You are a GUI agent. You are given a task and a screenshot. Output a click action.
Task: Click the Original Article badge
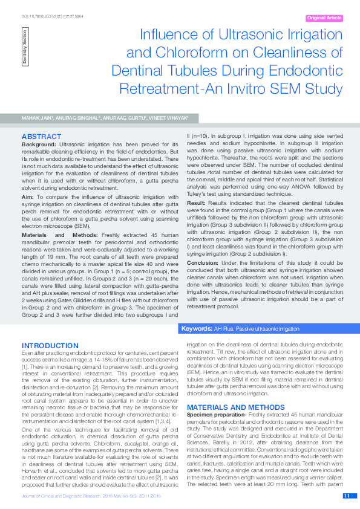point(324,18)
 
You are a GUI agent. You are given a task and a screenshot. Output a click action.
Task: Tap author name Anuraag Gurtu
point(123,117)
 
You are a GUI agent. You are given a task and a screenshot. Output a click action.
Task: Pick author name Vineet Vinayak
point(169,117)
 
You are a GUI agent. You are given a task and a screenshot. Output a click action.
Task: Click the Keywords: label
point(197,328)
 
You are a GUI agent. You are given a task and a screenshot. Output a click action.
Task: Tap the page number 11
point(347,496)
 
